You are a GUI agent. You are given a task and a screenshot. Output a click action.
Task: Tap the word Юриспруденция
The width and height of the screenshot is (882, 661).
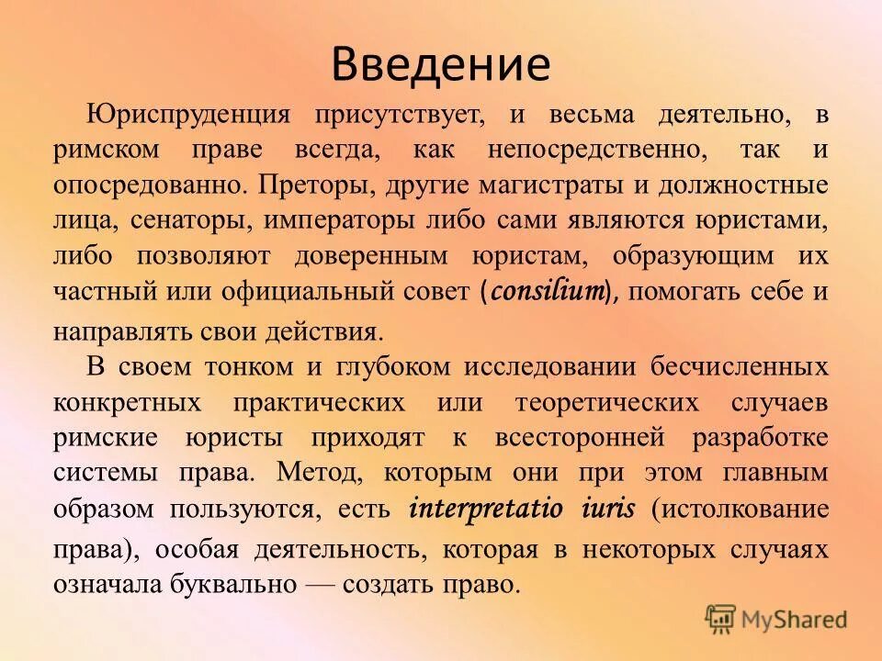[x=188, y=115]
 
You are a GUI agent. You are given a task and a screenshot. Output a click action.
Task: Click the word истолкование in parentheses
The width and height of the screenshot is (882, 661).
[x=740, y=508]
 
